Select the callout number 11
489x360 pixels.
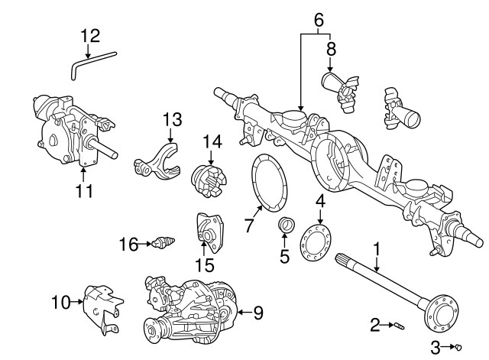84,191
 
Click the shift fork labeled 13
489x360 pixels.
156,158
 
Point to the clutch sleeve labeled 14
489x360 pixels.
209,181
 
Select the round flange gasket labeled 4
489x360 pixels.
316,242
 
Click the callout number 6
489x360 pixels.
318,18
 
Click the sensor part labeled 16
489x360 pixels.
161,245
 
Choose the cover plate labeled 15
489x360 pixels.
207,235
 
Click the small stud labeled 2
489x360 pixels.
400,327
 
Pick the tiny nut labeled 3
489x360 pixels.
457,349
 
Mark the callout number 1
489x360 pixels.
376,248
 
